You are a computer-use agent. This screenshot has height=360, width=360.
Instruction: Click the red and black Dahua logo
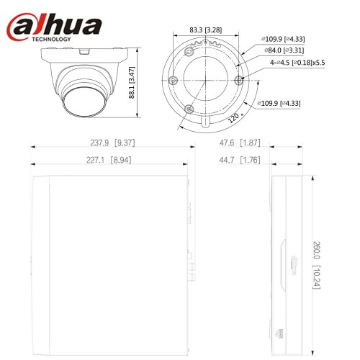pyautogui.click(x=54, y=27)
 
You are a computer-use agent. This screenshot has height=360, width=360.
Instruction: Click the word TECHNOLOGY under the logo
pyautogui.click(x=52, y=39)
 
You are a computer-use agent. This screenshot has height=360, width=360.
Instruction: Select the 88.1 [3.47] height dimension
pyautogui.click(x=132, y=82)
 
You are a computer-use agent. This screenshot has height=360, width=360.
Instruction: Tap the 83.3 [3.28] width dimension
pyautogui.click(x=206, y=30)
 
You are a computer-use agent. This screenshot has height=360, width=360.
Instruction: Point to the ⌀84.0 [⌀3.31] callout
pyautogui.click(x=284, y=50)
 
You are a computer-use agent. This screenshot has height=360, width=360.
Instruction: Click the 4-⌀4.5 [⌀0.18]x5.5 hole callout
pyautogui.click(x=297, y=63)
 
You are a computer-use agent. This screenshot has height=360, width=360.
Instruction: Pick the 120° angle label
pyautogui.click(x=235, y=117)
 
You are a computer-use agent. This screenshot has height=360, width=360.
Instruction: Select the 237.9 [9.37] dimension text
pyautogui.click(x=112, y=143)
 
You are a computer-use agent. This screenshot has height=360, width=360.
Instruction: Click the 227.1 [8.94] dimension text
pyautogui.click(x=109, y=160)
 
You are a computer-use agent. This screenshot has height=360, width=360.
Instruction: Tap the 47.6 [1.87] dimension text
pyautogui.click(x=240, y=143)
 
